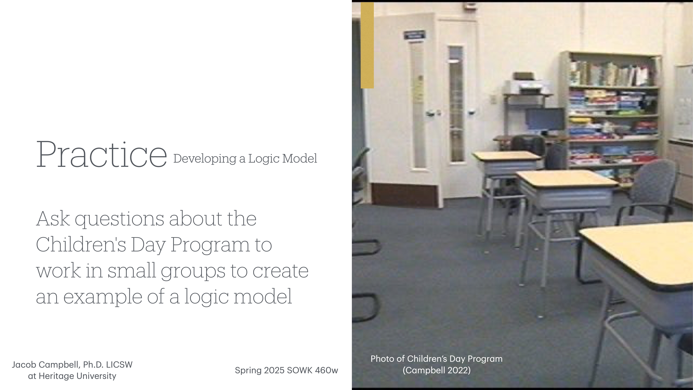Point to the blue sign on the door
click(x=415, y=35)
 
